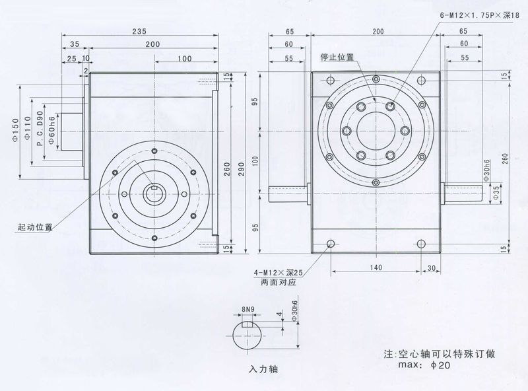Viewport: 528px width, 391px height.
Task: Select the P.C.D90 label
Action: click(x=40, y=131)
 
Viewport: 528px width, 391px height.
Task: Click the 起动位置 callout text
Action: click(x=35, y=227)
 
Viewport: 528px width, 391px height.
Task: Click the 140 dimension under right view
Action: click(x=376, y=268)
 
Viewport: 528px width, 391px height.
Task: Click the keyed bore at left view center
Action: click(x=154, y=193)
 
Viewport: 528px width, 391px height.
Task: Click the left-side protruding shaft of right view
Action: click(x=288, y=193)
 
